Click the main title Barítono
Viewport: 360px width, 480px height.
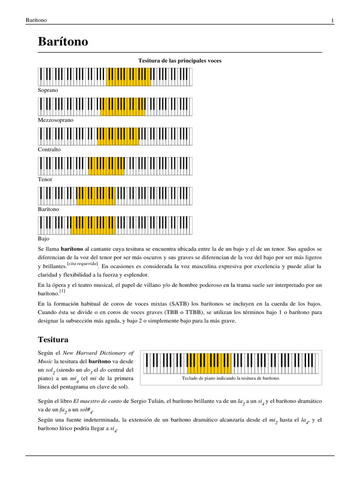[63, 42]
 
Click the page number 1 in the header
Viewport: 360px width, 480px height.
[332, 20]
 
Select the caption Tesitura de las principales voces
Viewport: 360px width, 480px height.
[180, 60]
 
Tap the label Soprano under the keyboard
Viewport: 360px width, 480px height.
[48, 90]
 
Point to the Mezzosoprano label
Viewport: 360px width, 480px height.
[56, 120]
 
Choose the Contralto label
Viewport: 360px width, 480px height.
[49, 150]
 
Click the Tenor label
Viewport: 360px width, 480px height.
[45, 179]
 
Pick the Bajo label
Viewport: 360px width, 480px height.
[44, 239]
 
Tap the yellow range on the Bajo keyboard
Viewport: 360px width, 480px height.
[92, 225]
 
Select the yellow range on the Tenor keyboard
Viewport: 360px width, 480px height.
[106, 165]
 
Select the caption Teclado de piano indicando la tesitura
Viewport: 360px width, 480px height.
[231, 377]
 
